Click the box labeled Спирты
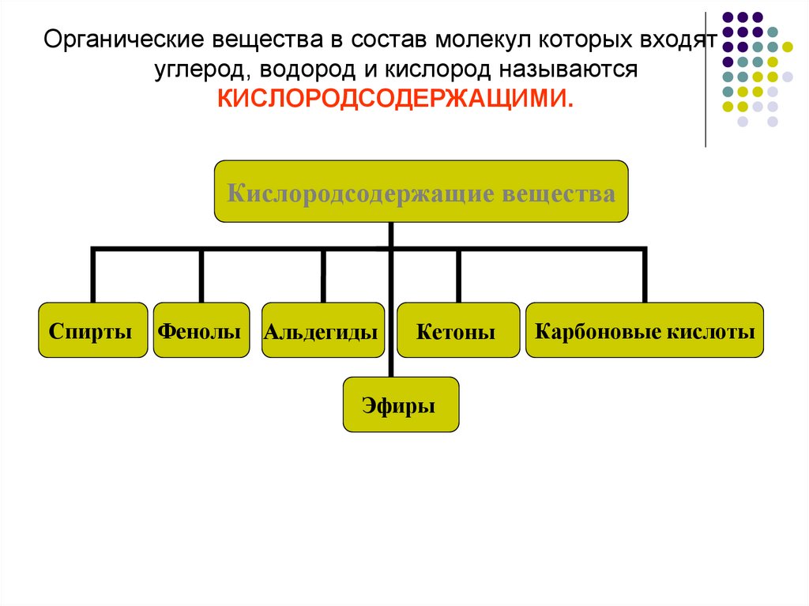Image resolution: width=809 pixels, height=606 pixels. click(x=92, y=330)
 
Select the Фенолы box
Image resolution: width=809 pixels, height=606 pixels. click(x=201, y=330)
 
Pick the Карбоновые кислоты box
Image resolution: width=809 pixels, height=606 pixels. click(x=645, y=330)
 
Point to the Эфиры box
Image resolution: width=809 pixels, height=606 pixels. click(x=401, y=406)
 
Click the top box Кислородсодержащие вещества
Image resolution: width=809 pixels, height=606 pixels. click(x=421, y=192)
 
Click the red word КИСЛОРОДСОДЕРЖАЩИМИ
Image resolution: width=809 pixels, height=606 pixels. click(x=393, y=99)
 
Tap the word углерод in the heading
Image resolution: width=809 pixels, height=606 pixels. click(x=200, y=70)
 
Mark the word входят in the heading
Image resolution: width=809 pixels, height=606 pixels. click(x=679, y=39)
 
